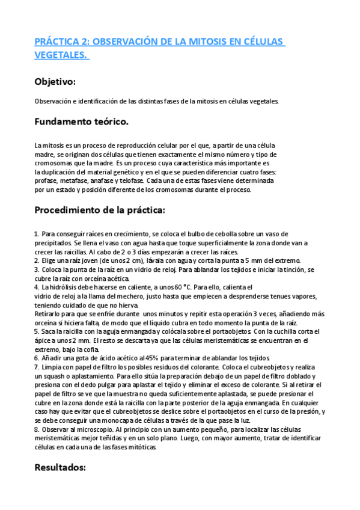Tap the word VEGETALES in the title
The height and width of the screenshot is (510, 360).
click(60, 55)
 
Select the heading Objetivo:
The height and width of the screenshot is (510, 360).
click(55, 81)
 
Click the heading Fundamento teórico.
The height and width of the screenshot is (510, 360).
click(81, 123)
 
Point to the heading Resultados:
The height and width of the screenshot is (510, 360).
click(61, 467)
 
